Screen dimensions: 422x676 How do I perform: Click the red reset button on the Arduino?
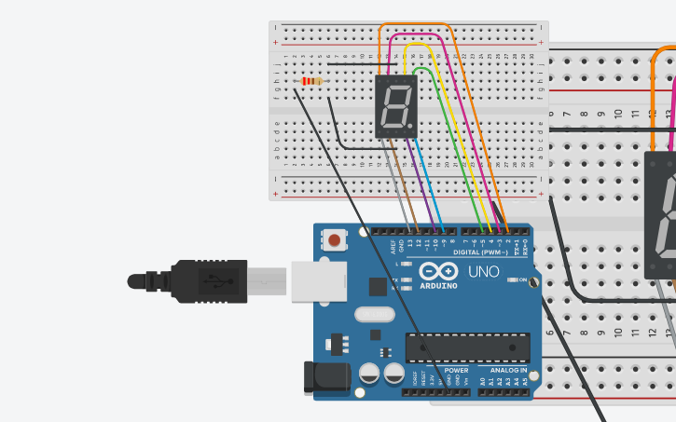pos(334,241)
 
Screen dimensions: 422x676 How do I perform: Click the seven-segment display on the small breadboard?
pos(394,106)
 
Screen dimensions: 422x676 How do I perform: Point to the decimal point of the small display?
pos(410,128)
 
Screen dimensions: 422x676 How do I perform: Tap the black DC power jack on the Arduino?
pos(327,377)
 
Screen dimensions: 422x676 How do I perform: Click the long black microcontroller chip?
pos(467,347)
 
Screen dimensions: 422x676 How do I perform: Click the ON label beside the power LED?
pos(522,279)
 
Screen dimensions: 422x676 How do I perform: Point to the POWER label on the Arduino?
pos(456,370)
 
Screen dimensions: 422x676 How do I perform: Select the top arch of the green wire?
pos(422,68)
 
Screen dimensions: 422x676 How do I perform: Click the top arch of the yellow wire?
pos(417,44)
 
